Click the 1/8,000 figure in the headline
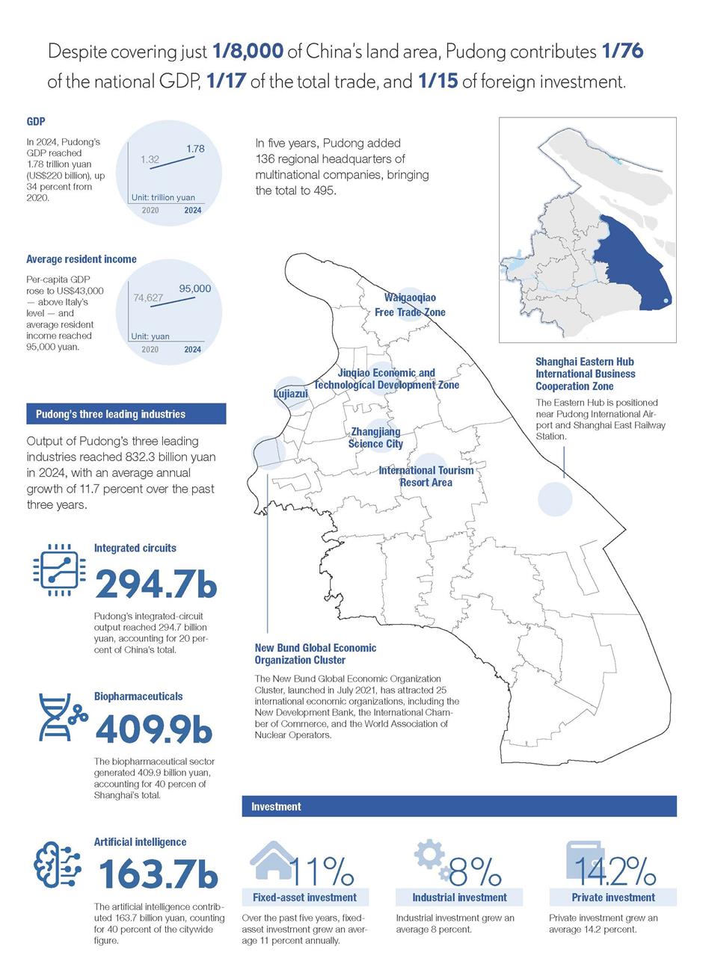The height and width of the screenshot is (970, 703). (248, 52)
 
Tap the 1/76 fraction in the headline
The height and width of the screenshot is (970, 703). (622, 52)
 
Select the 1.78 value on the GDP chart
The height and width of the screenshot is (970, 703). (195, 149)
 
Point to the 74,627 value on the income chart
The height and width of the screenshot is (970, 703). (148, 297)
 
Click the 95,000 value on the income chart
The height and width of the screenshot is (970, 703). (195, 288)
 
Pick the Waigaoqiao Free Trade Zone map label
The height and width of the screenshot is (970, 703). (410, 305)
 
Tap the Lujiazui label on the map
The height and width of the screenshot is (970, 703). (289, 393)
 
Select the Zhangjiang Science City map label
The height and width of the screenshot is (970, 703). (375, 438)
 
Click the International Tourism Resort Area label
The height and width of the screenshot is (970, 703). (426, 476)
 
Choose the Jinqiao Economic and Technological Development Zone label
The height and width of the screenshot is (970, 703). (386, 379)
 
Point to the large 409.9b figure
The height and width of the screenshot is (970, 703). (154, 730)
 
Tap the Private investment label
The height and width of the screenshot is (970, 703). (613, 898)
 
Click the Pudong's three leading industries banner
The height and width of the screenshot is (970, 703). (126, 414)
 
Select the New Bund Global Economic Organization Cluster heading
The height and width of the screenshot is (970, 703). (315, 654)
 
